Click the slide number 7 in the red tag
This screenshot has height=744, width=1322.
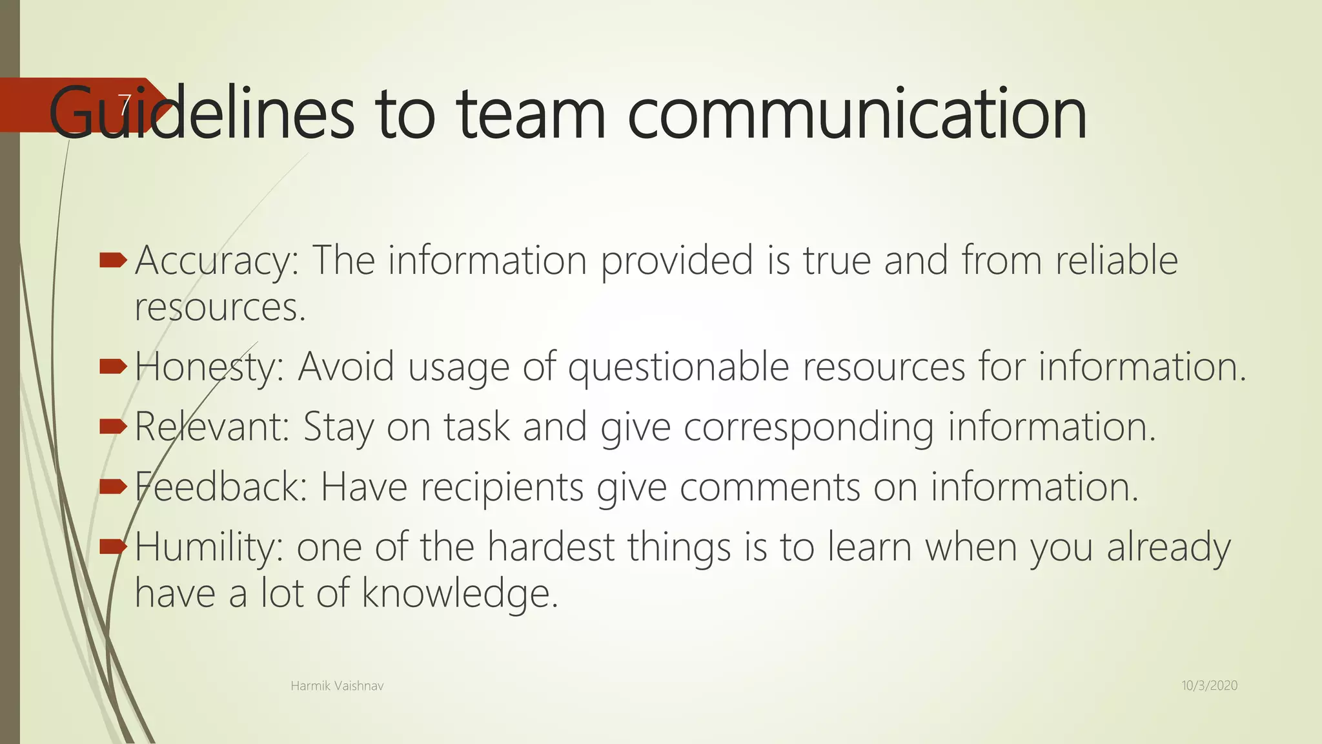(x=125, y=105)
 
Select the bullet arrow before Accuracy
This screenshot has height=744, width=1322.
(x=114, y=261)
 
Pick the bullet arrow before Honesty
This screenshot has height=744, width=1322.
(x=114, y=367)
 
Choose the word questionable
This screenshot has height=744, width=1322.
(x=678, y=367)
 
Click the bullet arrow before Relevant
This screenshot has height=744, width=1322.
(x=114, y=426)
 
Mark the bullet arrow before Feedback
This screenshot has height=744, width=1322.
(x=114, y=486)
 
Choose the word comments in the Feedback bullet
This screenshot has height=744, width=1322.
(x=769, y=486)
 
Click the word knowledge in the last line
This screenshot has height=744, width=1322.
(x=459, y=593)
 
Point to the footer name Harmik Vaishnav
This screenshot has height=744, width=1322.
(x=337, y=686)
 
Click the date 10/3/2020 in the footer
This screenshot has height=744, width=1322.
(x=1209, y=686)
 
